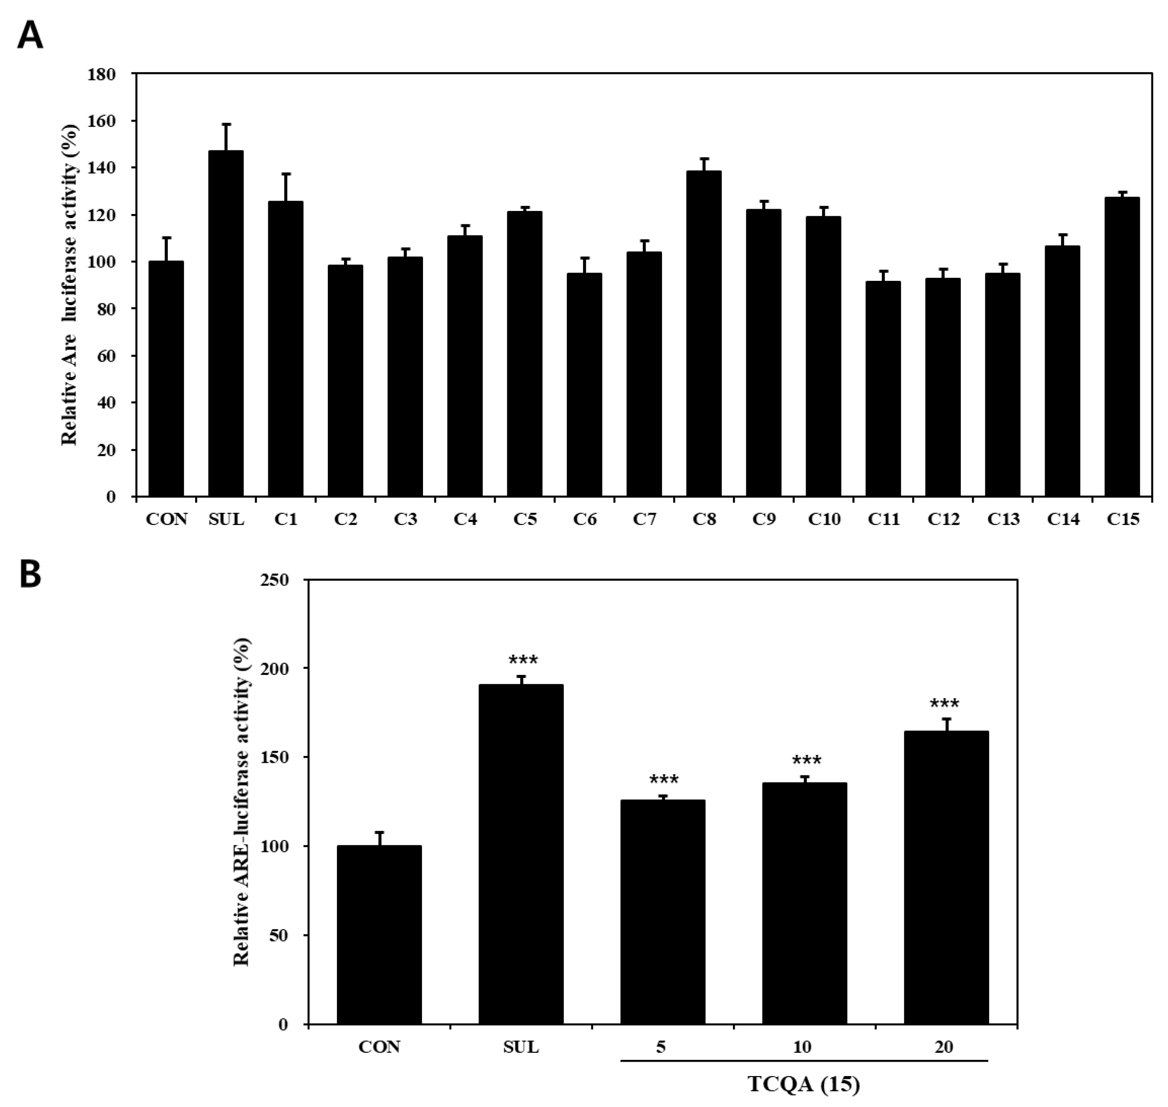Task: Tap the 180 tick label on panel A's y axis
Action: [x=101, y=74]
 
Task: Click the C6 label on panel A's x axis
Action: [x=584, y=519]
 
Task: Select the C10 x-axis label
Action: [x=824, y=519]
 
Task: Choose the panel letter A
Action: [x=30, y=35]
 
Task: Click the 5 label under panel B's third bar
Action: [x=661, y=1047]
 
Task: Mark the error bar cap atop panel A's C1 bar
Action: [x=286, y=174]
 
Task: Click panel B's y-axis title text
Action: [x=242, y=802]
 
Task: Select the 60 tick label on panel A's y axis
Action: [x=106, y=356]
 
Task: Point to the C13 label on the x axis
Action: [x=1003, y=519]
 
